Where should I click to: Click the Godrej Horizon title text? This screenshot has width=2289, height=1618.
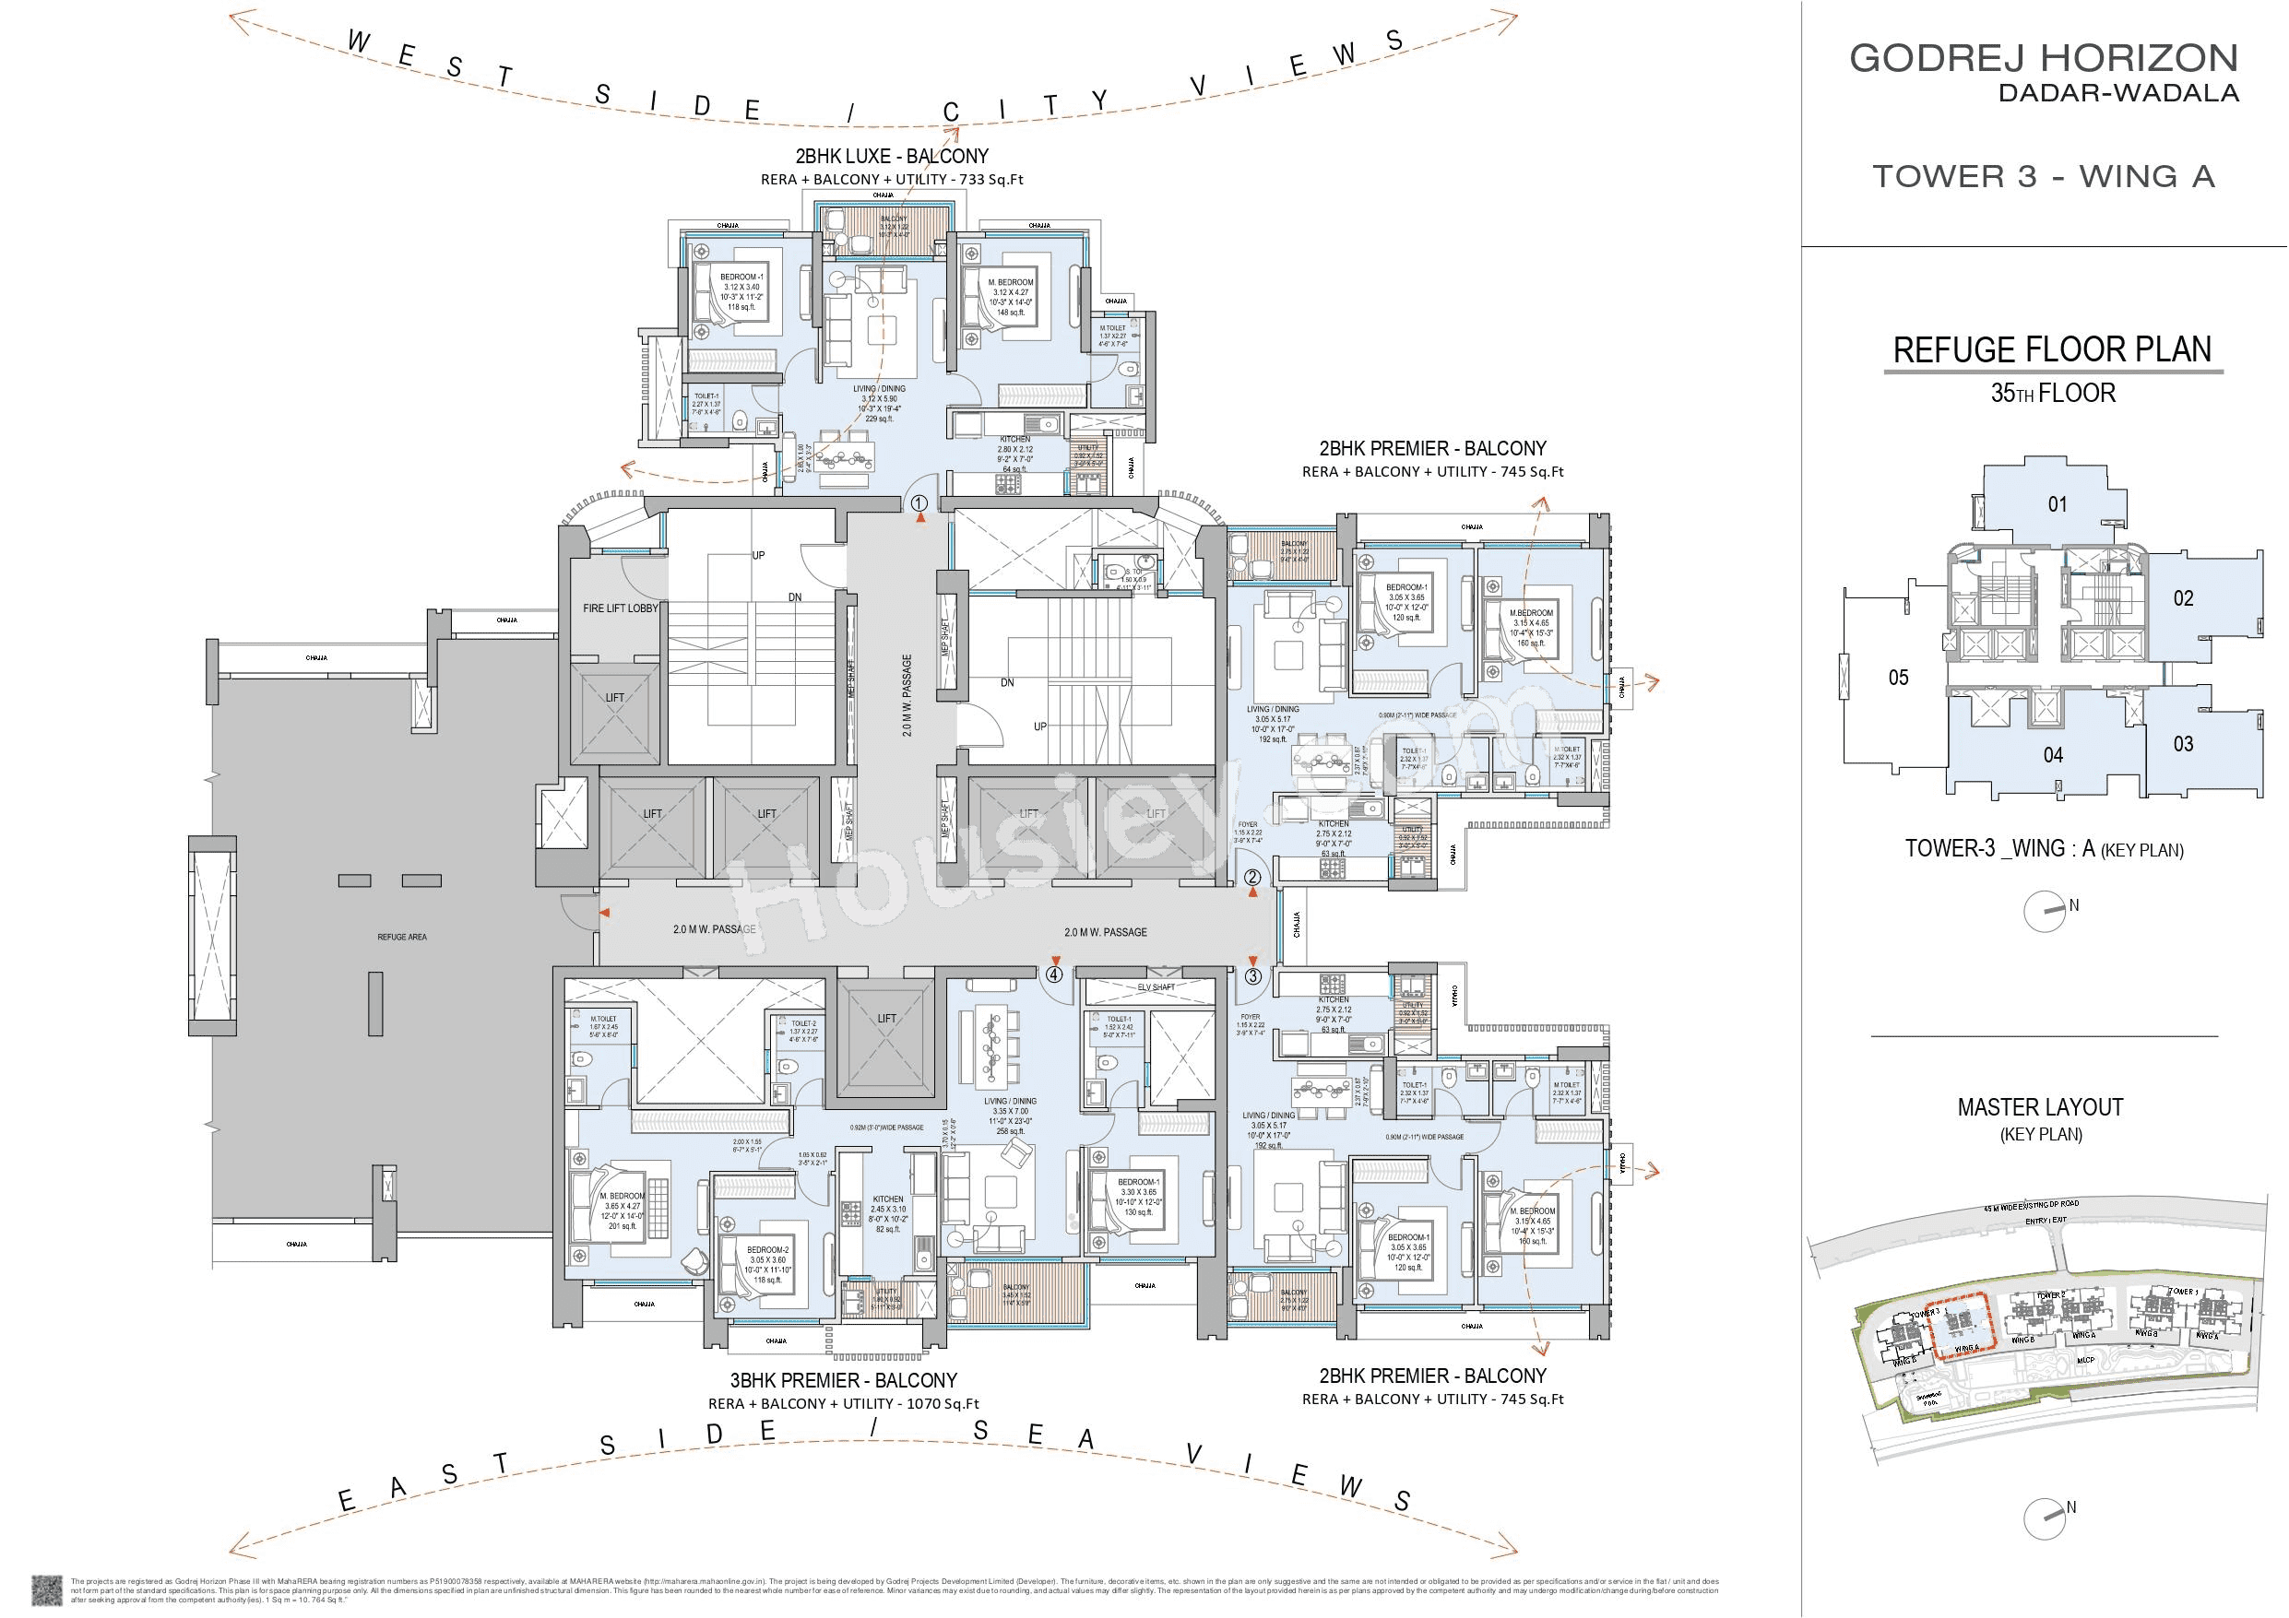coord(2044,58)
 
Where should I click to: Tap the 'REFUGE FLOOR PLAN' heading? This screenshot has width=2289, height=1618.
coord(2052,350)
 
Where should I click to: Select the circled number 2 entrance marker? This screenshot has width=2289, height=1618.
coord(1252,879)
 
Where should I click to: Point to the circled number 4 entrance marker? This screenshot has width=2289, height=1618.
coord(1054,975)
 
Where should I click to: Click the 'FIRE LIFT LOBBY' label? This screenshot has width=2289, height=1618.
coord(620,608)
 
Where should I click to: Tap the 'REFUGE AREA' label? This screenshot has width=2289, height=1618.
coord(402,937)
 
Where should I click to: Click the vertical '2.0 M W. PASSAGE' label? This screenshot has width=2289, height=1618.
coord(907,695)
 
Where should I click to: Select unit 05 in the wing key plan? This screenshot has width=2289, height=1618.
coord(1898,678)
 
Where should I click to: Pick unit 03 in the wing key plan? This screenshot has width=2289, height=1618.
coord(2183,744)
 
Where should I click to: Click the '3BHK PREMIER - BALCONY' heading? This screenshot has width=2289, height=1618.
coord(844,1381)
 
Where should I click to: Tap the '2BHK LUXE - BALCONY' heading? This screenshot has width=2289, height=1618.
coord(891,157)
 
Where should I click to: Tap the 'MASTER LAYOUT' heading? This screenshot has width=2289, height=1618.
coord(2040,1107)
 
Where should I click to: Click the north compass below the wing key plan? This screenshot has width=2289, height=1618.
coord(2044,911)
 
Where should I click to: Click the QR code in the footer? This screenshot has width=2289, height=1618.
coord(47,1589)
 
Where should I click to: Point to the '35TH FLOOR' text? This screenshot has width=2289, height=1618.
coord(2052,393)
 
